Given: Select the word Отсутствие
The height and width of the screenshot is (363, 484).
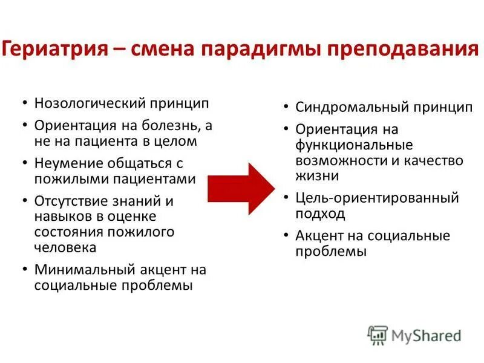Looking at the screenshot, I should tap(70, 201).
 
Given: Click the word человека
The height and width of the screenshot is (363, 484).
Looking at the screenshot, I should tap(65, 247).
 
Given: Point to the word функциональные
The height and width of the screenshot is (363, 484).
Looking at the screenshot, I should tap(353, 145).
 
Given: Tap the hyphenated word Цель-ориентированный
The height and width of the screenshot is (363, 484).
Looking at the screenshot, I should tap(377, 198).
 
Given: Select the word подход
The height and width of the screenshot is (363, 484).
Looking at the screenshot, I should tap(320, 214).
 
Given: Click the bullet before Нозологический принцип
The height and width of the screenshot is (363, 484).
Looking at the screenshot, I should tap(24, 103).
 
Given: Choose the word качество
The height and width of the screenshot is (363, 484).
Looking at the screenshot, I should tap(431, 160).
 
